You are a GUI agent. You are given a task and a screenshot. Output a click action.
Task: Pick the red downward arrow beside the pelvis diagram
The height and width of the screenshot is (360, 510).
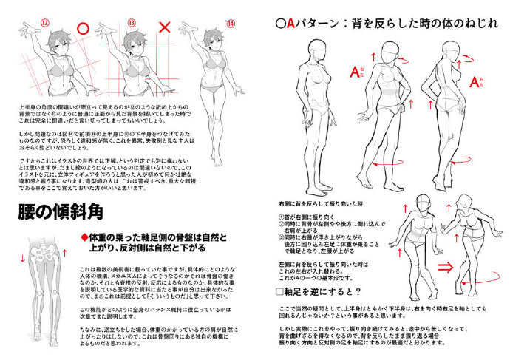pos(22,278)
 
